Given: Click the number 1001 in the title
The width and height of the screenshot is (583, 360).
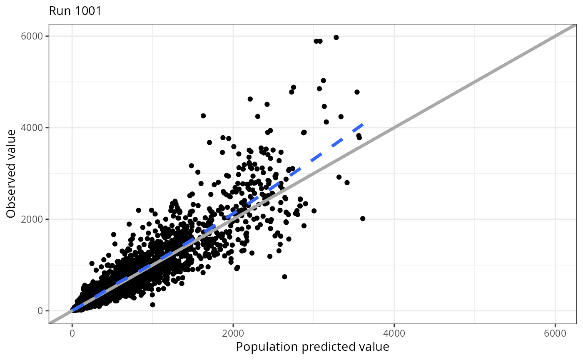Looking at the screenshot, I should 87,11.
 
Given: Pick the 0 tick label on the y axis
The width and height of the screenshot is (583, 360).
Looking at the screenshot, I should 40,311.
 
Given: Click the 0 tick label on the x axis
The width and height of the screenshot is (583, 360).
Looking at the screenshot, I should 72,333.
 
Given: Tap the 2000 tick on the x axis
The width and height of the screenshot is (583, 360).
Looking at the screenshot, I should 233,333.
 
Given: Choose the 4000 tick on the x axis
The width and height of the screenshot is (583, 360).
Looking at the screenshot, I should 394,333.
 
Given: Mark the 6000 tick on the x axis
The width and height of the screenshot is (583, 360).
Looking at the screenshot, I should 555,333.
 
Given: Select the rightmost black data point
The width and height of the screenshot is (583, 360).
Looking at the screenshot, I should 363,218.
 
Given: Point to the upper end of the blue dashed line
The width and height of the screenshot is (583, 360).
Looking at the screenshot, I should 363,124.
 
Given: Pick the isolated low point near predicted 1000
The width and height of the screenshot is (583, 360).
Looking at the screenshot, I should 152,305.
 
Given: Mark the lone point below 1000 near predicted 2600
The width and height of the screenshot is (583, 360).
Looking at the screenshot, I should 284,277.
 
